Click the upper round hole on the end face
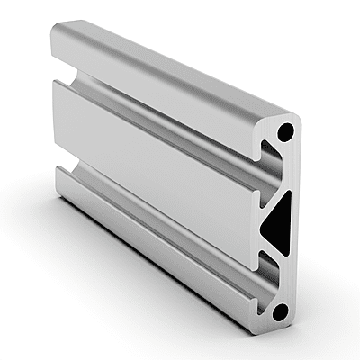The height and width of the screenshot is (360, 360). tap(284, 131)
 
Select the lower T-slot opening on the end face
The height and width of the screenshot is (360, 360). tap(265, 270)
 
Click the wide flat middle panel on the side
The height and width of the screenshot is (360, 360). tap(153, 153)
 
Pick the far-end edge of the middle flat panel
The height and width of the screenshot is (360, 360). tap(55, 117)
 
